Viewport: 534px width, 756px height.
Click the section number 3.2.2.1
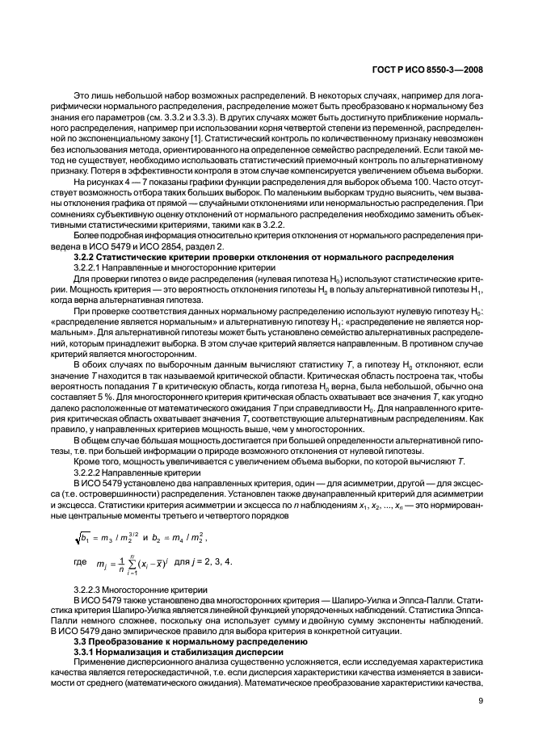click(90, 288)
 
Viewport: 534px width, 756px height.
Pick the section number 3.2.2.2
click(90, 472)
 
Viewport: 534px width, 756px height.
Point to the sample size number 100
click(425, 183)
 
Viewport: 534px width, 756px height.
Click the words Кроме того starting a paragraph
click(95, 462)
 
